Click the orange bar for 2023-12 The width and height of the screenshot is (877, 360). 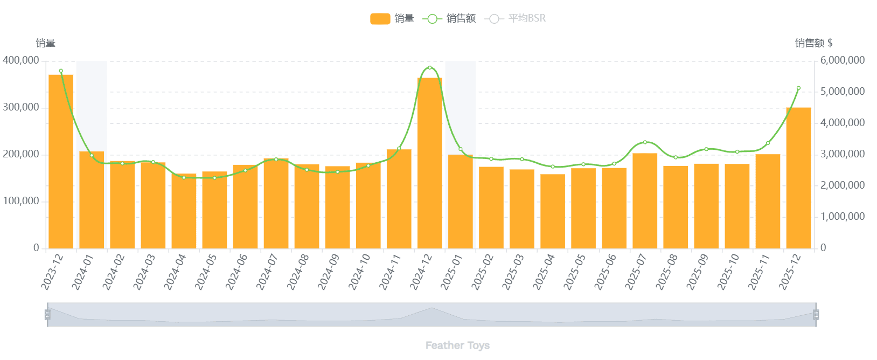pos(61,162)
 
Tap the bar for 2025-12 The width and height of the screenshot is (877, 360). pos(798,178)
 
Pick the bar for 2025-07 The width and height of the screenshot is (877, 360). pos(645,200)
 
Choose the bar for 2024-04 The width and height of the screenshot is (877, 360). pos(184,211)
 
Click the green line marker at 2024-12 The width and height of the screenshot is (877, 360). pos(430,68)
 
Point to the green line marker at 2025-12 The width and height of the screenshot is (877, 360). pos(798,88)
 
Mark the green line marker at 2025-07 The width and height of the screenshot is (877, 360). pos(645,142)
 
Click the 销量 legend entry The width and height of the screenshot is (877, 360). pos(392,18)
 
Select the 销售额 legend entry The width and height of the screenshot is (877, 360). pos(449,18)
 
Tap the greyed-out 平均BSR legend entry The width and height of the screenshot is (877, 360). pos(516,18)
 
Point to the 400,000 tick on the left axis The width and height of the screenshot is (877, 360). pos(21,60)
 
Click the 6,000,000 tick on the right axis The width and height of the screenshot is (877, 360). pos(843,60)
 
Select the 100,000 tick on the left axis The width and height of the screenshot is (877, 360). pos(21,201)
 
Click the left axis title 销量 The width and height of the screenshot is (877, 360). pos(46,43)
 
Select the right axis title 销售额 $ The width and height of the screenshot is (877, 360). pos(813,43)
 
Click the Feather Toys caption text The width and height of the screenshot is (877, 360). pos(457,345)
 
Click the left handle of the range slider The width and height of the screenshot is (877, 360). pos(47,315)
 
